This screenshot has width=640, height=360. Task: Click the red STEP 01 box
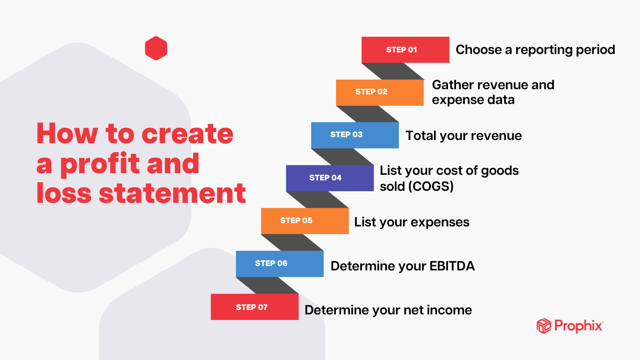[405, 50]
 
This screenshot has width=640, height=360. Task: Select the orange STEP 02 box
[380, 92]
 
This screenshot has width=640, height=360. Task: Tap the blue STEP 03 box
[355, 135]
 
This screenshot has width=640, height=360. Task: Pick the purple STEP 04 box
[330, 178]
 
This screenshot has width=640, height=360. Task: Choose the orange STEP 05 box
[305, 221]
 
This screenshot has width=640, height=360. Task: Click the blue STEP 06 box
[280, 264]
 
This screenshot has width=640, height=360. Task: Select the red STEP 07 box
[254, 307]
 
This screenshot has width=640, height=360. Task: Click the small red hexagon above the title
[156, 48]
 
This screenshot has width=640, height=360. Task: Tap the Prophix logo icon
[544, 326]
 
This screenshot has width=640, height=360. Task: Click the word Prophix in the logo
[579, 326]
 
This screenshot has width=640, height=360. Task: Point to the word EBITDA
[452, 266]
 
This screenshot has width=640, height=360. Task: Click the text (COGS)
[431, 186]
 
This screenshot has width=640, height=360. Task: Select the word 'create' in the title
[188, 134]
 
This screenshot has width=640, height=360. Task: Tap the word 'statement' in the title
[172, 193]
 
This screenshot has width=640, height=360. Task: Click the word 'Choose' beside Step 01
[479, 50]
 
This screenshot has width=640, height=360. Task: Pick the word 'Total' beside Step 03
[421, 136]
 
